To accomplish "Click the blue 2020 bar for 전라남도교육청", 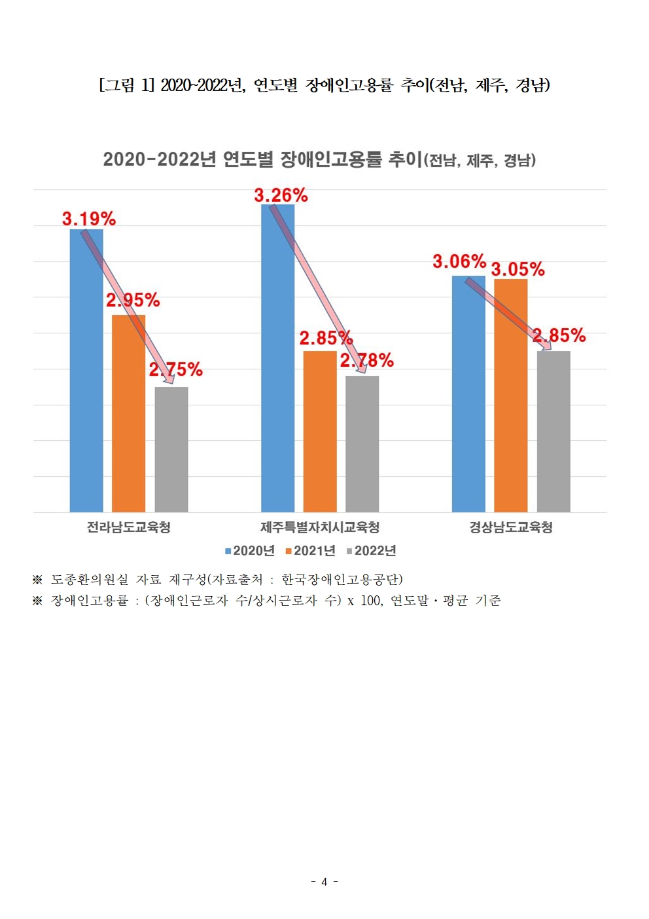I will click(x=86, y=393).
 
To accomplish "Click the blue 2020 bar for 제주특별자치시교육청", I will click(x=277, y=380).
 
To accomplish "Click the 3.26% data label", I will click(x=281, y=195).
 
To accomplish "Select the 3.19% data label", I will click(x=89, y=219).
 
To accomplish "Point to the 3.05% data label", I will click(x=517, y=269).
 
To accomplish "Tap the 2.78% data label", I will click(x=366, y=360).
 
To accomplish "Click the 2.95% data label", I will click(x=133, y=300).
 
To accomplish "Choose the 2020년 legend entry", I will click(x=250, y=551).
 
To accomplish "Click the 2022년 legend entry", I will click(x=372, y=551).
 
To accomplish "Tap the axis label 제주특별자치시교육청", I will click(x=320, y=527).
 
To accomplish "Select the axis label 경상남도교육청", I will click(x=511, y=527).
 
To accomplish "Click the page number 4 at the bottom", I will click(x=324, y=882).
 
